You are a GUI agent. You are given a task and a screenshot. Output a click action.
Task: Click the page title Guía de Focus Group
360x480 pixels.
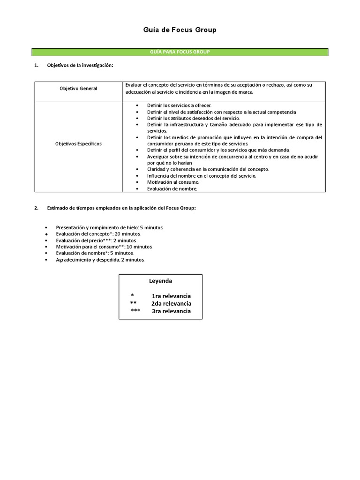click(180, 30)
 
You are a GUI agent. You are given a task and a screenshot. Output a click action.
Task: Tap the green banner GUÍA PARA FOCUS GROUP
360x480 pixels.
click(180, 52)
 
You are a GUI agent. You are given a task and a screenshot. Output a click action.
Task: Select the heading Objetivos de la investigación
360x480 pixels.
click(80, 65)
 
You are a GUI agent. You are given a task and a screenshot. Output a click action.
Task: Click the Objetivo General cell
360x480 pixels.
click(78, 89)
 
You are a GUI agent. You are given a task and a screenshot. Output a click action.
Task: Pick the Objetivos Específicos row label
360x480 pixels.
click(78, 143)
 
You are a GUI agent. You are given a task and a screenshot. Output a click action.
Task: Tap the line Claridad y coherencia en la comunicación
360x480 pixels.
click(208, 169)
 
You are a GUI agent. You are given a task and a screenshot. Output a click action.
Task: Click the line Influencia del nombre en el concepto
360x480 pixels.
click(202, 176)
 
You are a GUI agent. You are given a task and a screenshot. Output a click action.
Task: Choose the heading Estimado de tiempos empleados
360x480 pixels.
click(121, 208)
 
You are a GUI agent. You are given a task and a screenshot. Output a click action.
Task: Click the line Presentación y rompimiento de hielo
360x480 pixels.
click(109, 227)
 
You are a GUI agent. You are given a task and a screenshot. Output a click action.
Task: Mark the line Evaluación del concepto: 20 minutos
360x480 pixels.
click(98, 233)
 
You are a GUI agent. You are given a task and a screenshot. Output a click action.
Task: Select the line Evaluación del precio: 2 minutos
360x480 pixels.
click(96, 240)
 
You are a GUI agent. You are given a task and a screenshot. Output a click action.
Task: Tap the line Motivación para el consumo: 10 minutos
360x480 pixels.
click(104, 247)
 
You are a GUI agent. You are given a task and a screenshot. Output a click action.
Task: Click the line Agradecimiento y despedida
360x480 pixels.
click(100, 259)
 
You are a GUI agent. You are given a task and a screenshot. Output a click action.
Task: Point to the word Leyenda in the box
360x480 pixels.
click(160, 281)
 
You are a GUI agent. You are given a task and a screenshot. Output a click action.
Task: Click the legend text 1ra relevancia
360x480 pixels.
click(171, 296)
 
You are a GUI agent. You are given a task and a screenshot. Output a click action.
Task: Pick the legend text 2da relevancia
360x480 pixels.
click(171, 303)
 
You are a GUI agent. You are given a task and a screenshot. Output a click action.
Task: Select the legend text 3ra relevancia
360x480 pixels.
click(171, 311)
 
